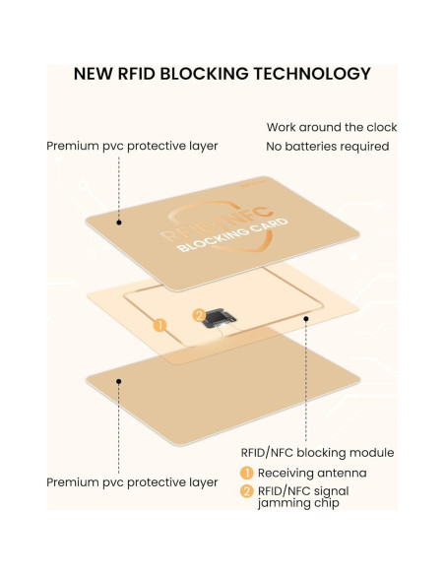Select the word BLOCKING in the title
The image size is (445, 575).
(204, 74)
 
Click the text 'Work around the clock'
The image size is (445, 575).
(332, 127)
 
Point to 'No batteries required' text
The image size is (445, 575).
(328, 147)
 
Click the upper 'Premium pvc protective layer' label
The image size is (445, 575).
(132, 146)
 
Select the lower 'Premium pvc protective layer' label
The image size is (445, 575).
(132, 482)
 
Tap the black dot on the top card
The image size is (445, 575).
(120, 223)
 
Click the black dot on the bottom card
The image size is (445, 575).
(120, 379)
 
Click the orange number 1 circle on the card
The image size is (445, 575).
(159, 323)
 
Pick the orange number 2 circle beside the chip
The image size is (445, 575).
(199, 315)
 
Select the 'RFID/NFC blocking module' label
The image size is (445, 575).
(317, 453)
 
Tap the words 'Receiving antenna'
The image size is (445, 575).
(311, 473)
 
